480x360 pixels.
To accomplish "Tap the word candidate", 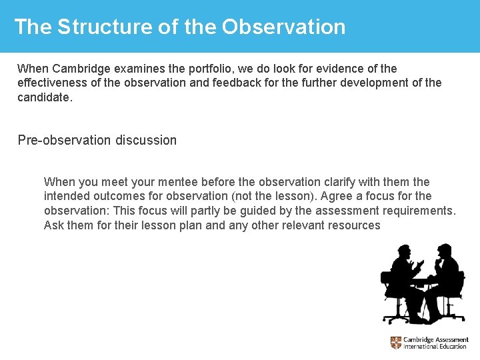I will tap(43, 97).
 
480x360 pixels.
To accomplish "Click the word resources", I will tap(351, 225).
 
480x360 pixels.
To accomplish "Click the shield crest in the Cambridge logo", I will tap(396, 343).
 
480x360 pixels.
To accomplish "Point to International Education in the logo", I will tap(435, 347).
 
